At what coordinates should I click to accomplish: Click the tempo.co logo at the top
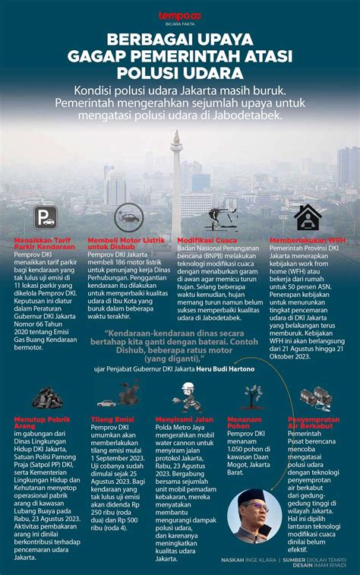[179, 15]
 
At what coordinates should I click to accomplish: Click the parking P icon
[45, 218]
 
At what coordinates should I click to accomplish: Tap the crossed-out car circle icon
[128, 218]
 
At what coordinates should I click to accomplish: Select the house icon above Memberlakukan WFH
[307, 217]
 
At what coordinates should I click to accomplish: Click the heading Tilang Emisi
[113, 419]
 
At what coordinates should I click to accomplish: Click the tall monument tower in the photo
[176, 171]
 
